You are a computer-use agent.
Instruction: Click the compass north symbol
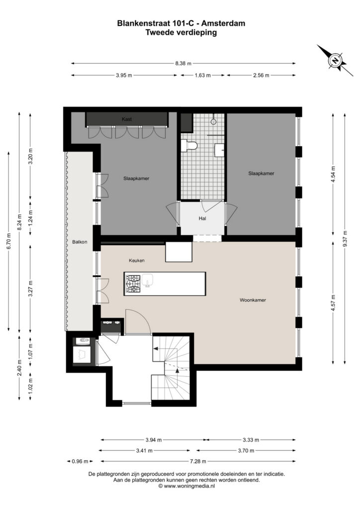pos(335,60)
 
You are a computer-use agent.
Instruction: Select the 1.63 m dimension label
pos(202,76)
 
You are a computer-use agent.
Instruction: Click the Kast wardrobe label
pos(127,119)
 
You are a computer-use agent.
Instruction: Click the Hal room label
pos(202,219)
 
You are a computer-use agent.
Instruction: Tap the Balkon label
pos(80,242)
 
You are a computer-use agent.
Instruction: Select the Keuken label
pos(137,260)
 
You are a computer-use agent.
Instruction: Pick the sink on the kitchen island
pos(148,280)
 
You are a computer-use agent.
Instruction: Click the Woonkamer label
pos(253,300)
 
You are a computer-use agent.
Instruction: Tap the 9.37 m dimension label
pos(345,239)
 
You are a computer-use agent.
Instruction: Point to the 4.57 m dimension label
pos(333,303)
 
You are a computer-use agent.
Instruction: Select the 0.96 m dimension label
pos(80,461)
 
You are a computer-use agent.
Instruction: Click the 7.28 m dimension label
pos(198,461)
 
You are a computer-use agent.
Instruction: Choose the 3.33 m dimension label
pos(251,440)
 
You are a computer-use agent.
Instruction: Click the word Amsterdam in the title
pos(225,23)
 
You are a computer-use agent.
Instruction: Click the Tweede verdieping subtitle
pos(181,32)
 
